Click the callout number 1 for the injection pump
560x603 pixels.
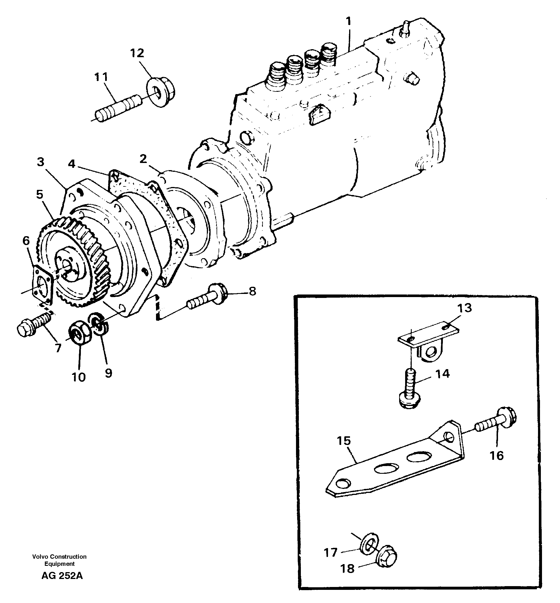click(x=349, y=21)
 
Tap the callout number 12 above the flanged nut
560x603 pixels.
click(x=137, y=53)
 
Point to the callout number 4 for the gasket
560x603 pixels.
click(x=71, y=164)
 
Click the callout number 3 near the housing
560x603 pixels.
click(x=41, y=162)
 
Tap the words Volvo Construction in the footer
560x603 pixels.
click(x=59, y=557)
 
